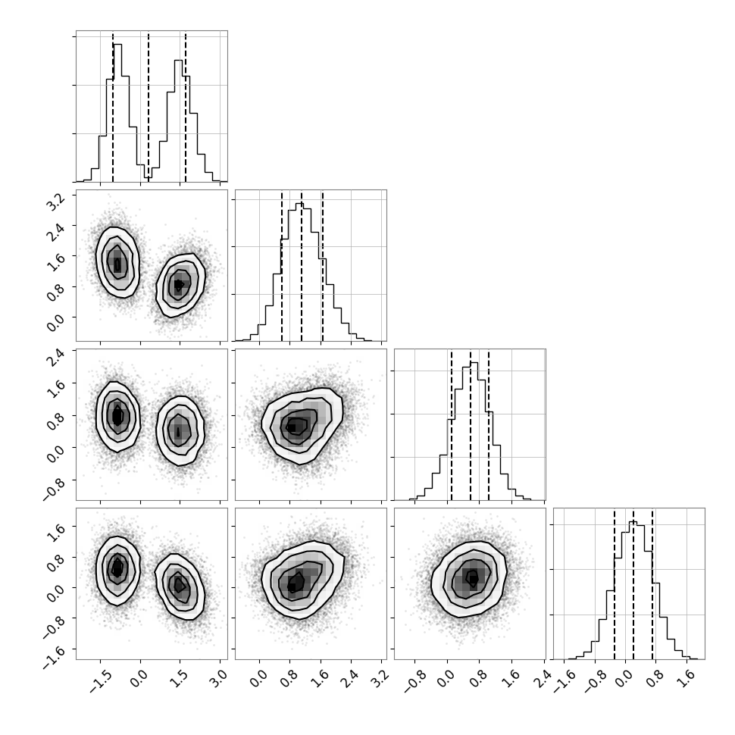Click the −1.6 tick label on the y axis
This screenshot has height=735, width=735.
pos(55,655)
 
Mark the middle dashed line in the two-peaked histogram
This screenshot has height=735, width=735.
pos(149,106)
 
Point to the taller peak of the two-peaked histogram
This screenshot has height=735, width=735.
pos(117,45)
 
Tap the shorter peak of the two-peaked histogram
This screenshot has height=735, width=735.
pos(179,61)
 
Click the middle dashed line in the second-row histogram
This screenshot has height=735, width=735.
pos(302,265)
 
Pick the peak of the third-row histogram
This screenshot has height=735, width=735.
pos(474,363)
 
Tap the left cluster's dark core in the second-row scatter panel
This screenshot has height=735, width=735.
pos(117,264)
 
